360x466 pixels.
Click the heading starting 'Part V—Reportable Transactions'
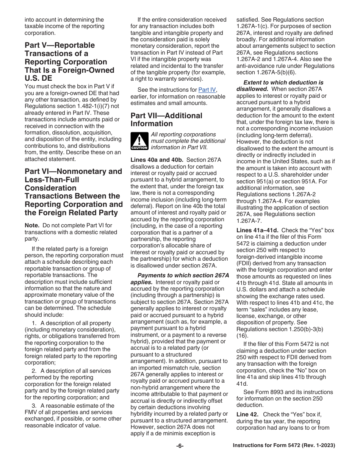66,62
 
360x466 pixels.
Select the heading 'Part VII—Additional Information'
166,119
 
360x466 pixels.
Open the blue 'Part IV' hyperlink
207,90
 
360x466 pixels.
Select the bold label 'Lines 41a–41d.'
257,230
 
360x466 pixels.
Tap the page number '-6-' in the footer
180,446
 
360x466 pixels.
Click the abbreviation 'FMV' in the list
31,412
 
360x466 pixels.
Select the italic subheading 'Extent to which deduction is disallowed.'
283,86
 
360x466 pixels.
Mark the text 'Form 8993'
265,392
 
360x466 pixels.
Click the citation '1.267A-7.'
249,220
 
